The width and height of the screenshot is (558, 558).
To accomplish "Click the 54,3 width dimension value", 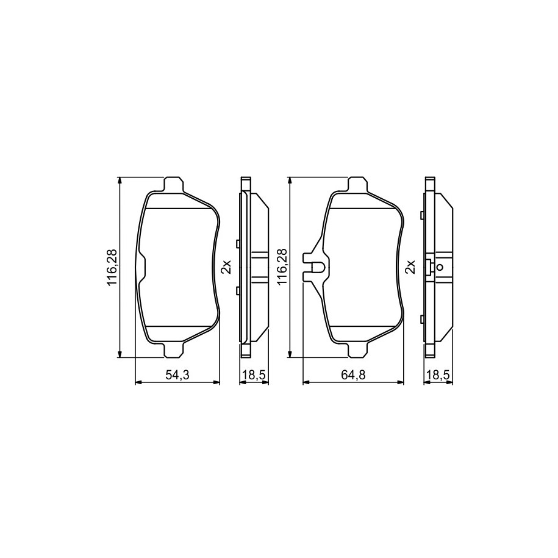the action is [x=177, y=374].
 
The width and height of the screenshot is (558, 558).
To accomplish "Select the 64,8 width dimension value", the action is [x=354, y=374].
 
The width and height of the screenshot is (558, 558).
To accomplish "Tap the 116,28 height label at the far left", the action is [x=112, y=267].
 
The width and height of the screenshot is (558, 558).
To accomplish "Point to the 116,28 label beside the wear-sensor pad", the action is [x=282, y=267].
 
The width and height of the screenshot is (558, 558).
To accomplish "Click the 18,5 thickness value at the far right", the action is [x=438, y=374].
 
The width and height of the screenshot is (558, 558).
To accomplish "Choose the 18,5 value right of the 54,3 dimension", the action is [x=254, y=374].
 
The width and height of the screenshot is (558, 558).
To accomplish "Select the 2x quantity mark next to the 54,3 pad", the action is [x=227, y=266].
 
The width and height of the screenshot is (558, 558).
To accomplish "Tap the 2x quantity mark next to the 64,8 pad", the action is [x=410, y=266].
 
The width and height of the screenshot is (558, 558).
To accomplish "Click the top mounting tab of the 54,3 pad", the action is [x=174, y=184].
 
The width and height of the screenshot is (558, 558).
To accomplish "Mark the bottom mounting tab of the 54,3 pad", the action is [x=174, y=350].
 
